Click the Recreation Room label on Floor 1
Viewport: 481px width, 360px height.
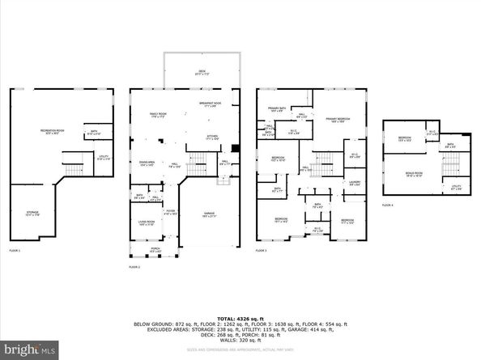(x=53, y=132)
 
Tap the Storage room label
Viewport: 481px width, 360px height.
(x=32, y=214)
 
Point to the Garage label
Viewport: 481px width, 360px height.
(x=208, y=215)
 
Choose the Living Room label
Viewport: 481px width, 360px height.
(x=147, y=222)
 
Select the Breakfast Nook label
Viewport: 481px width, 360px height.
(x=211, y=104)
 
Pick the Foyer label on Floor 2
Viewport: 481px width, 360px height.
(x=171, y=213)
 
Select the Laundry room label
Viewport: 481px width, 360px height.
(x=354, y=182)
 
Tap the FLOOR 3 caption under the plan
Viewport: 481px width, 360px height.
(x=262, y=251)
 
